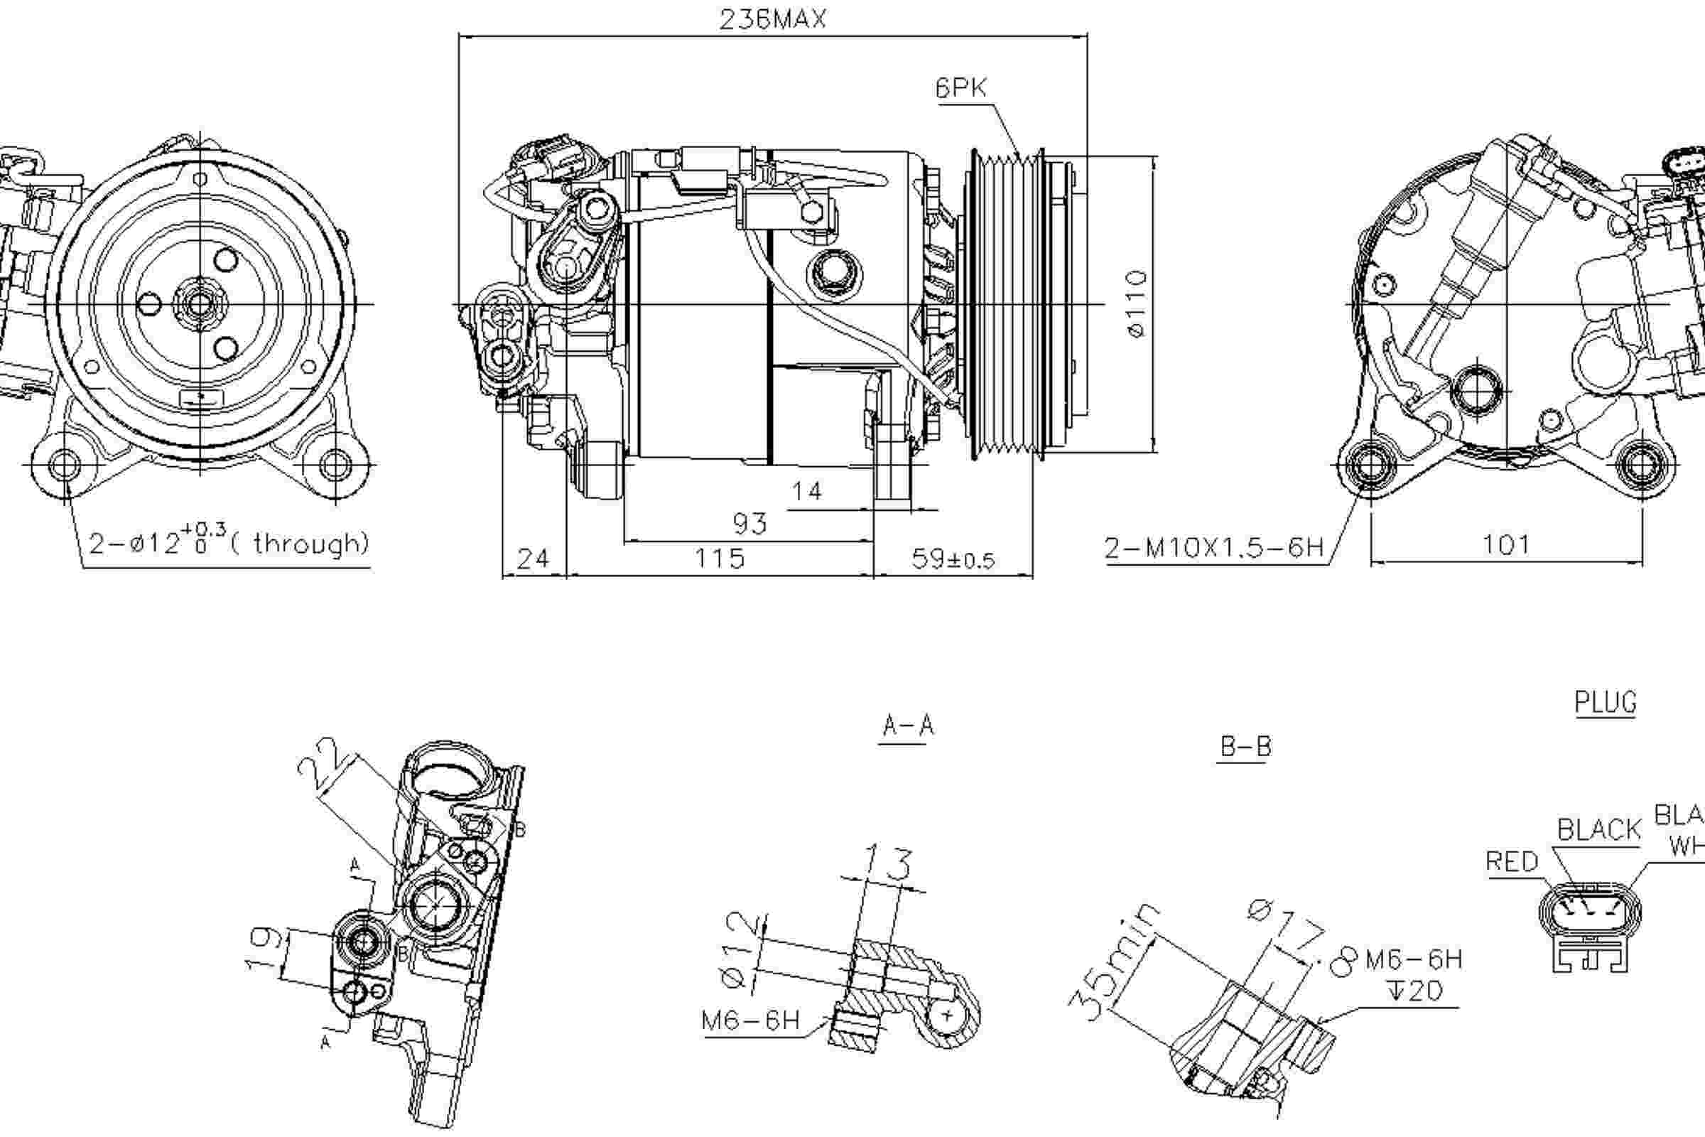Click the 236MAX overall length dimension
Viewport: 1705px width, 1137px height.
[773, 20]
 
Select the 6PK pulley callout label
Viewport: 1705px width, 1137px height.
[960, 88]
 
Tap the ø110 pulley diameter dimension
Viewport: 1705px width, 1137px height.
[1137, 304]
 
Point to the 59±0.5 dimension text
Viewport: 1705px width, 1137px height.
[953, 559]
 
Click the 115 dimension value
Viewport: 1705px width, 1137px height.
[719, 559]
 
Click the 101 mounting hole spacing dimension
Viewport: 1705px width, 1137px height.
[1505, 544]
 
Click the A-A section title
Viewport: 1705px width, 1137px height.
[908, 726]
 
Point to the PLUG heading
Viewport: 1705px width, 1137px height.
[1605, 703]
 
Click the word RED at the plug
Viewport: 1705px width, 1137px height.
[1512, 862]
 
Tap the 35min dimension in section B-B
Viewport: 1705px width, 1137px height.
[1113, 962]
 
